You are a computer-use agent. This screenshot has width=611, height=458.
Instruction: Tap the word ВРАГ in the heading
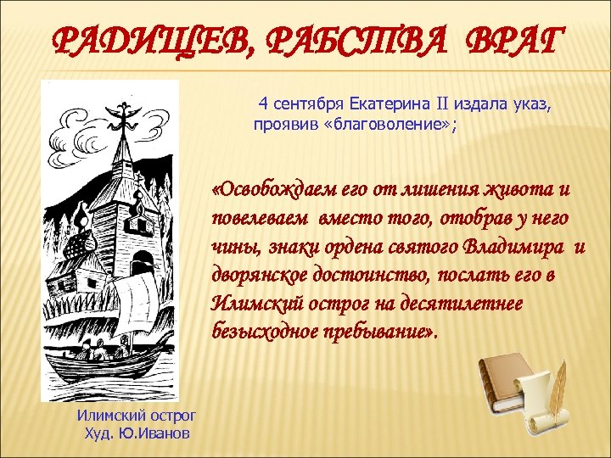513,40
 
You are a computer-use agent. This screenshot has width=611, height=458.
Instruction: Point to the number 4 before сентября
264,104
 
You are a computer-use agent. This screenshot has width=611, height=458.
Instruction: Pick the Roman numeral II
441,104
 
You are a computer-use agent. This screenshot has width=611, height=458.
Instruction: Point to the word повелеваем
262,219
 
